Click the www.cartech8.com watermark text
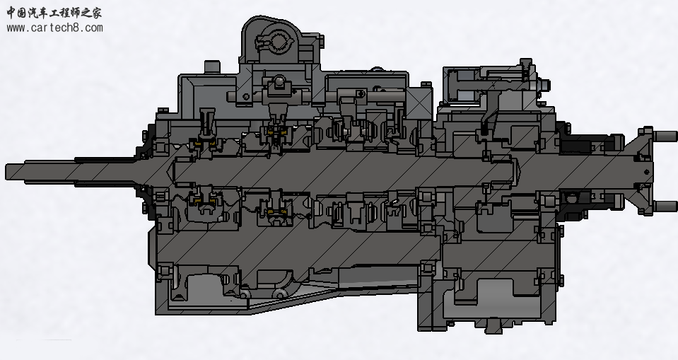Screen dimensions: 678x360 [55, 28]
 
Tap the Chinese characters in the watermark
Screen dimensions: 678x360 [54, 13]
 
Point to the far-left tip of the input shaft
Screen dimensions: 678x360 [6, 172]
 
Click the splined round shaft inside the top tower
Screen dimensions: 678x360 [279, 42]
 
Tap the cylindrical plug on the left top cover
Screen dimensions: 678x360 [212, 67]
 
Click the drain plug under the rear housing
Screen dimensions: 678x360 [493, 325]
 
